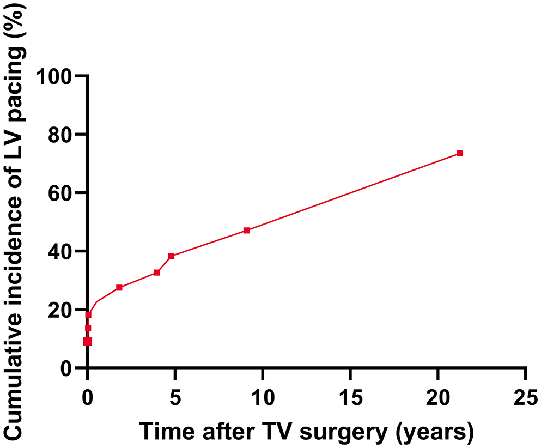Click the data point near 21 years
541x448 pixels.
point(460,153)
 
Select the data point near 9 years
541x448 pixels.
point(246,231)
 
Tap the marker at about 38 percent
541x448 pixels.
point(171,256)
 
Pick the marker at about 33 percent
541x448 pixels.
point(157,273)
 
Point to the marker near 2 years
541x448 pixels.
point(119,288)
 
